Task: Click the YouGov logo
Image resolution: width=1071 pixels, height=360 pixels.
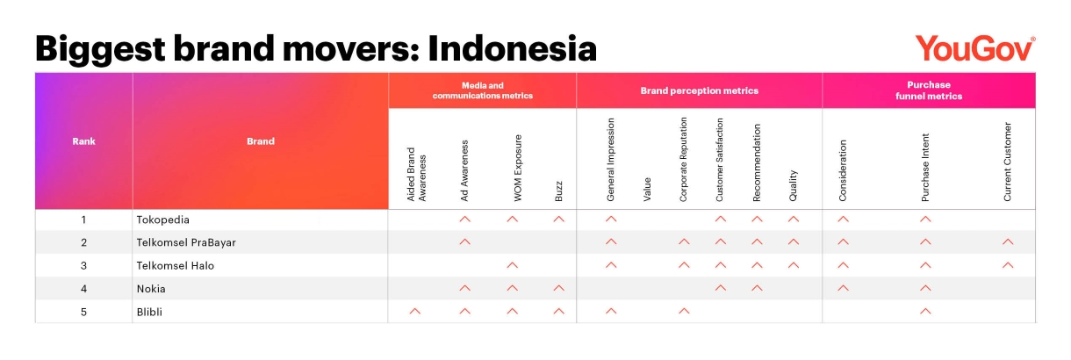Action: tap(975, 48)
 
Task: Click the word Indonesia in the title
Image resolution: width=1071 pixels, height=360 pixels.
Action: tap(512, 49)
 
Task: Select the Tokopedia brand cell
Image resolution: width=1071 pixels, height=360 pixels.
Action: tap(163, 220)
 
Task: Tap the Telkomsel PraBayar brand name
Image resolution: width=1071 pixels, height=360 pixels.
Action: tap(186, 243)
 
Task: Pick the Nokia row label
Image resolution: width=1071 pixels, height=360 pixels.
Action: tap(151, 289)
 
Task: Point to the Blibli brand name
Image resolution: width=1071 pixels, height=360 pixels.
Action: tap(149, 313)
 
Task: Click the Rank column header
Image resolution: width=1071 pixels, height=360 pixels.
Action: tap(83, 141)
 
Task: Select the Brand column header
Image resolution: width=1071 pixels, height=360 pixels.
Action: tap(261, 141)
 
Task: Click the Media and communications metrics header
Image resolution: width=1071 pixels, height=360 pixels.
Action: tap(483, 90)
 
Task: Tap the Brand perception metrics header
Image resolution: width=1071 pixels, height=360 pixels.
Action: tap(699, 90)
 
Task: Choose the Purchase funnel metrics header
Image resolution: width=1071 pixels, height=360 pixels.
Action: tap(929, 90)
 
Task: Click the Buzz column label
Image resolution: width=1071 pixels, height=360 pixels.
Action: tap(558, 191)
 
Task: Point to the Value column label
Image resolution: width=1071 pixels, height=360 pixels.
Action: tap(647, 190)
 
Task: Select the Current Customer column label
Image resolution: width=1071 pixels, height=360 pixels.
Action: tap(1008, 162)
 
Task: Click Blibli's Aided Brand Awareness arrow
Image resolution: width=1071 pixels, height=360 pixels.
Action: tap(415, 311)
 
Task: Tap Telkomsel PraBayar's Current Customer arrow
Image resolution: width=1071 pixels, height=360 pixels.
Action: tap(1008, 242)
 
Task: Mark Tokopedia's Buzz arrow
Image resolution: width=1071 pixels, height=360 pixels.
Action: tap(558, 220)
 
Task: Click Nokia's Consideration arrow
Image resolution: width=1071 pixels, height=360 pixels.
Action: tap(844, 288)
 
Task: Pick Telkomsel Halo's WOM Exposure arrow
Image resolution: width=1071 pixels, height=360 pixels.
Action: tap(512, 265)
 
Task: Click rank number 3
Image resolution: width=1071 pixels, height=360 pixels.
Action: tap(83, 266)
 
